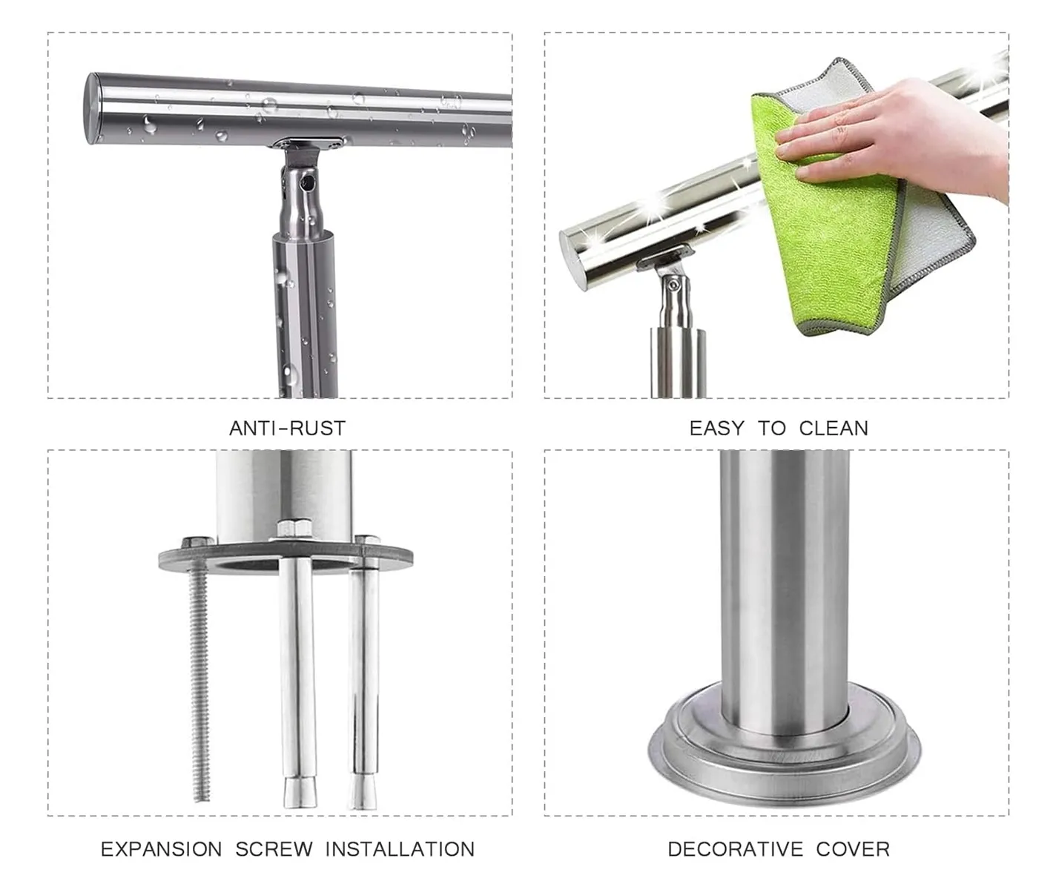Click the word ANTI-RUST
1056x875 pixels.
pos(287,428)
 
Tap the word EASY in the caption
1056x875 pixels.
pos(716,428)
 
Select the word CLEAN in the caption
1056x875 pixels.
pos(833,428)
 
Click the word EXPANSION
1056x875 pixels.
pos(161,849)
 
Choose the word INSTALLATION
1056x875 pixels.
pos(400,849)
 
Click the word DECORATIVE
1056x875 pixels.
pos(735,849)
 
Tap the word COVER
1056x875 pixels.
pos(853,849)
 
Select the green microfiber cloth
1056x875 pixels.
pos(831,222)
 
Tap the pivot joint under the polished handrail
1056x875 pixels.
pos(673,285)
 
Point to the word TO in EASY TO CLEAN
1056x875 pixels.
pos(771,428)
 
